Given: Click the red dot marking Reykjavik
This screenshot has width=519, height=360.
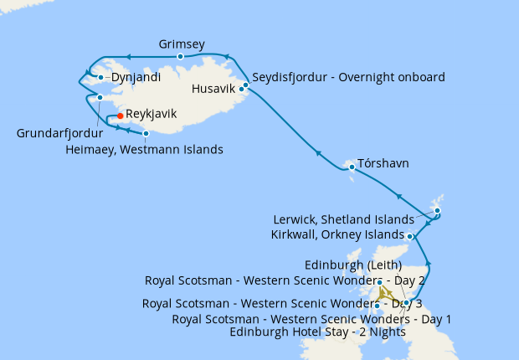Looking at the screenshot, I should coord(121,116).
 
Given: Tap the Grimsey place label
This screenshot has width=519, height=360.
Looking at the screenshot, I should coord(182,44).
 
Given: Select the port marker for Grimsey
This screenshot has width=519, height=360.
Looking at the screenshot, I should coord(180,57).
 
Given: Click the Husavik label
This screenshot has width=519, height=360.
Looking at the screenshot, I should coord(216,88).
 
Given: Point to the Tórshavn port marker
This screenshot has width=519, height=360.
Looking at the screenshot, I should coord(352,167).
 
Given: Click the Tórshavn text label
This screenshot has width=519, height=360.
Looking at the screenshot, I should coord(383,162).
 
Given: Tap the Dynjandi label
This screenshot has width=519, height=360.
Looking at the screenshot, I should coord(135,77).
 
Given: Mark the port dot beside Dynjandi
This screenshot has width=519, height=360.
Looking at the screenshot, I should coord(100,77).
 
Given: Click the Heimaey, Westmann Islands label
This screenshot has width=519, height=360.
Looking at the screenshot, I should coord(144,150).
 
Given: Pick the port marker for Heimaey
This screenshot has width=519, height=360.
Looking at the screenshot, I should coord(146,133).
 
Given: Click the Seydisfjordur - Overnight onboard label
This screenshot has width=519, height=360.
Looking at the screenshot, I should coord(348,78).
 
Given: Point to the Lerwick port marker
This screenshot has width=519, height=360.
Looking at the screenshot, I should coord(437,210).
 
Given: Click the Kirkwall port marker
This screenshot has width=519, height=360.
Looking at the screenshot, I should coord(410,237).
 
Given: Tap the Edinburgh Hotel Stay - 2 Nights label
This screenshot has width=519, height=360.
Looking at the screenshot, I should coord(317,332).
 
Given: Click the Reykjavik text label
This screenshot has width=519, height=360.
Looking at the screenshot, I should coord(151,114).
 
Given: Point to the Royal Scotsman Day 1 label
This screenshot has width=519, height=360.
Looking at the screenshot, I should coord(311,319).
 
